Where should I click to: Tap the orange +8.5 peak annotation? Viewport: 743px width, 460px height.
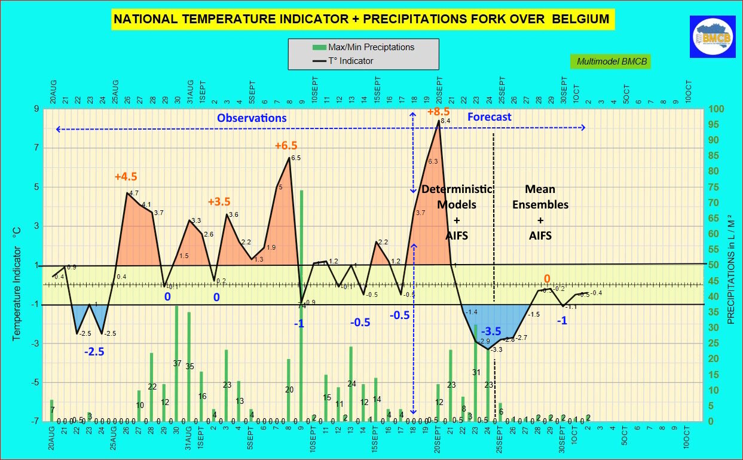click(438, 112)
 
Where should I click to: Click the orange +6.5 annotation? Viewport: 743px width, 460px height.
click(286, 146)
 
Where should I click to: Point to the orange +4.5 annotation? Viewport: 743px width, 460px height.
click(126, 177)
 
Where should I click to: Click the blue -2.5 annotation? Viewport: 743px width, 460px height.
click(94, 352)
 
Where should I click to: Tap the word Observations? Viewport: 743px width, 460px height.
click(252, 118)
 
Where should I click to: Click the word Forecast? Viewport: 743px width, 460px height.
click(489, 117)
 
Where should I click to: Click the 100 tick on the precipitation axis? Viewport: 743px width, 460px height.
click(716, 109)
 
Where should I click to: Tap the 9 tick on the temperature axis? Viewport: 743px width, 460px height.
click(36, 109)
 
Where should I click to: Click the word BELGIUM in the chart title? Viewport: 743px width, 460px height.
click(580, 20)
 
